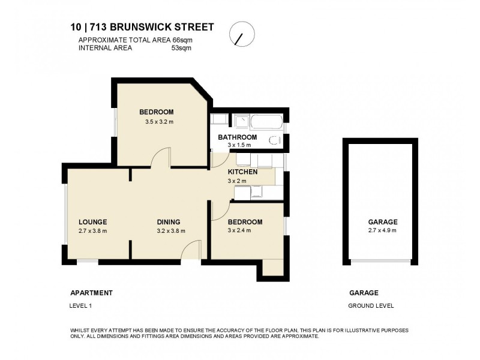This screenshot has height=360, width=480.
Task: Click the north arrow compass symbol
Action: pyautogui.click(x=241, y=35)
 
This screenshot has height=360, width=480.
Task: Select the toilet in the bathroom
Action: pyautogui.click(x=276, y=142)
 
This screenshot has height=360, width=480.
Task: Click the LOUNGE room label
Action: pyautogui.click(x=92, y=221)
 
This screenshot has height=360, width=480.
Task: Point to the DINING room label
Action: pyautogui.click(x=169, y=221)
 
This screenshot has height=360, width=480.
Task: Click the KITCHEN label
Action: pyautogui.click(x=242, y=172)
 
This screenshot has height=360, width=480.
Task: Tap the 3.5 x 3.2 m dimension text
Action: pyautogui.click(x=159, y=122)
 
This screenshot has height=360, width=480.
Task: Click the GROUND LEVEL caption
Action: pyautogui.click(x=371, y=305)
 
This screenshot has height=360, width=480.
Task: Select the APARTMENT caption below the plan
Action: pyautogui.click(x=92, y=293)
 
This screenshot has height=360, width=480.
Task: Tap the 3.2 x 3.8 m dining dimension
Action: pyautogui.click(x=170, y=230)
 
